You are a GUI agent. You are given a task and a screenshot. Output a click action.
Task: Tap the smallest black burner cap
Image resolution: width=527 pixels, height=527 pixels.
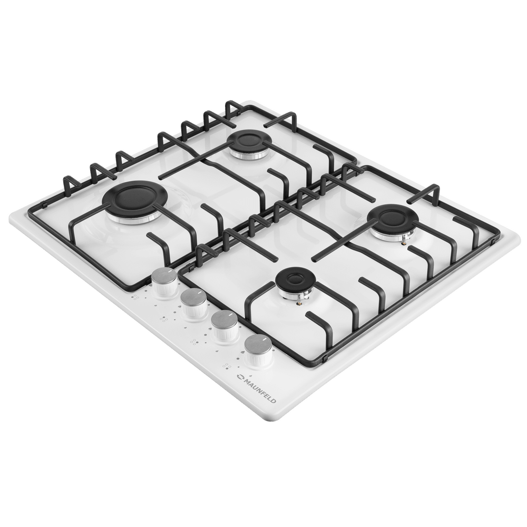tap(296, 281)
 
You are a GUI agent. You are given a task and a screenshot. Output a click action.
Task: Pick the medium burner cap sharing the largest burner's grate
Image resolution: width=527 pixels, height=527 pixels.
tap(247, 142)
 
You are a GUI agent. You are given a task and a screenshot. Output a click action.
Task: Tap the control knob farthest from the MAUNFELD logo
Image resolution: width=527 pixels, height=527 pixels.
tap(164, 283)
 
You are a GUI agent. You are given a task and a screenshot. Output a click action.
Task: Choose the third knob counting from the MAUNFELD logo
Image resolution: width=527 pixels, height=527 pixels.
tap(194, 304)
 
